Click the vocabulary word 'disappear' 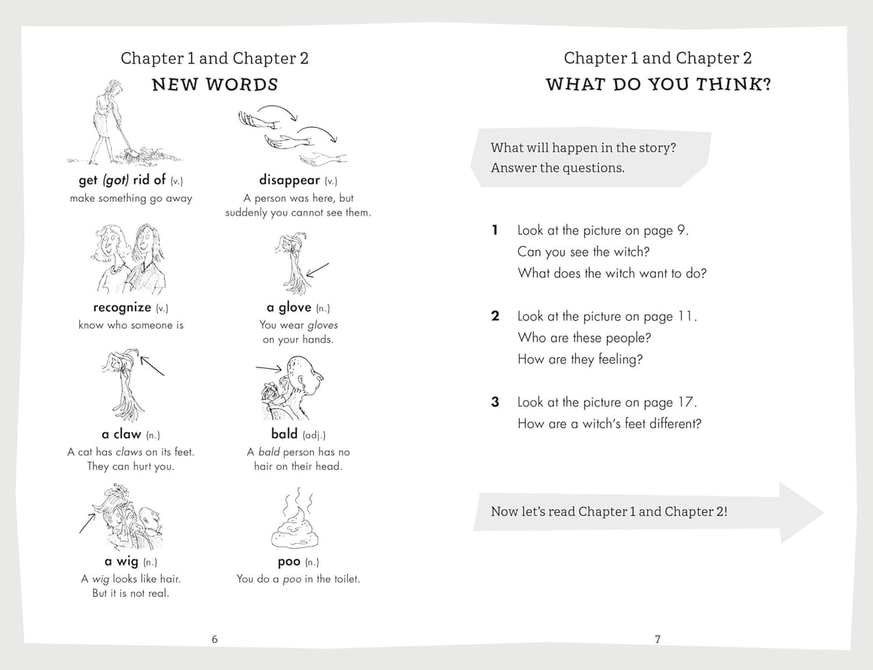pyautogui.click(x=289, y=180)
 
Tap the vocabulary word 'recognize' pyautogui.click(x=122, y=308)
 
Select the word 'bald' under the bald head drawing pyautogui.click(x=284, y=434)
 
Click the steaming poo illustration pyautogui.click(x=295, y=519)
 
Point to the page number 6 pyautogui.click(x=215, y=639)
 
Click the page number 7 pyautogui.click(x=657, y=639)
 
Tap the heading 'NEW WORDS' pyautogui.click(x=215, y=85)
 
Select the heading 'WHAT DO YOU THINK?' pyautogui.click(x=658, y=85)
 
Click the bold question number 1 pyautogui.click(x=495, y=231)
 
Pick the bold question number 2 pyautogui.click(x=495, y=317)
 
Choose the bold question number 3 pyautogui.click(x=495, y=402)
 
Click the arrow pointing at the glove pyautogui.click(x=317, y=270)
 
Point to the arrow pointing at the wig pyautogui.click(x=87, y=523)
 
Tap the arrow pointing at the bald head pyautogui.click(x=269, y=368)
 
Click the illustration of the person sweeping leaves pyautogui.click(x=125, y=122)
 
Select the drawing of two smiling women pyautogui.click(x=130, y=259)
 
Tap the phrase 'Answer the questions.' pyautogui.click(x=558, y=168)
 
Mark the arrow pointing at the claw pyautogui.click(x=152, y=366)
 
